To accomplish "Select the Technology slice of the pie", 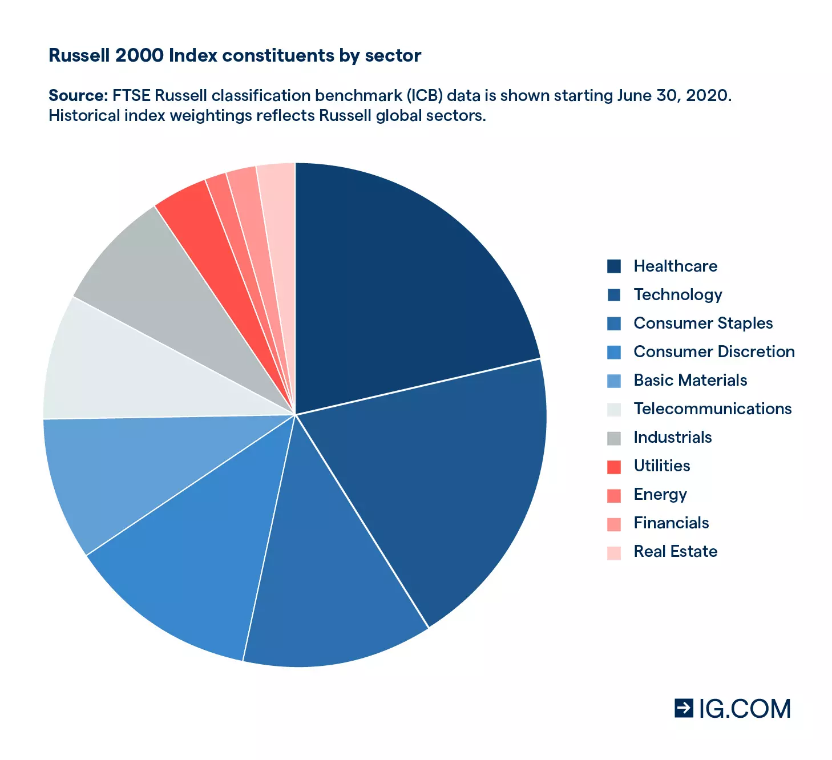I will click(x=445, y=485).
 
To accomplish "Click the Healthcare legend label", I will click(x=675, y=266).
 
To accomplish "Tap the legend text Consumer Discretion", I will click(x=714, y=351).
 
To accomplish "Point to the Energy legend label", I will click(x=660, y=494).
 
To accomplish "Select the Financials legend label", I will click(x=671, y=523).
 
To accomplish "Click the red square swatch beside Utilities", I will click(x=614, y=467).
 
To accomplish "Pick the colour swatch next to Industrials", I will click(x=614, y=438).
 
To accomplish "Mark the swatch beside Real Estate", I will click(x=614, y=552).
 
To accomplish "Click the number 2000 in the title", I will click(x=139, y=55).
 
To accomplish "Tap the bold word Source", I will click(x=78, y=95).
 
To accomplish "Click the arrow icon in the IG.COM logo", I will click(x=684, y=708).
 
